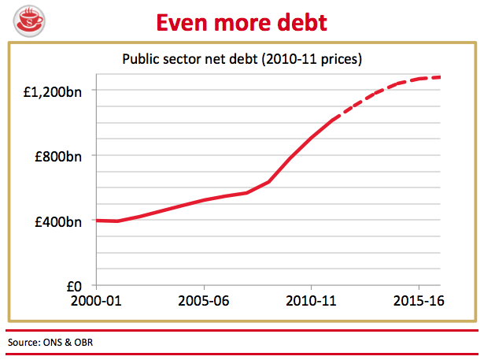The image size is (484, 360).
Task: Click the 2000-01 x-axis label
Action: click(97, 301)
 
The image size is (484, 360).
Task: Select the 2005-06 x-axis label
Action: click(204, 301)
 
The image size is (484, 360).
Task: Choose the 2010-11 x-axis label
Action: click(312, 301)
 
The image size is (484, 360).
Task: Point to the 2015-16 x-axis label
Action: click(419, 301)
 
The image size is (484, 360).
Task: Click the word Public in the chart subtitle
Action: click(139, 59)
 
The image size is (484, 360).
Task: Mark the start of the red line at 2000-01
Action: click(97, 220)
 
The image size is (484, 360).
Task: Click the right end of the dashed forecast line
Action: click(439, 76)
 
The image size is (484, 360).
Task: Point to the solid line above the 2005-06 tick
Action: click(204, 200)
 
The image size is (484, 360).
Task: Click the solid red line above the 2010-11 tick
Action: click(312, 136)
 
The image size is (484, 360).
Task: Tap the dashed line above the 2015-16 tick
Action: click(419, 78)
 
